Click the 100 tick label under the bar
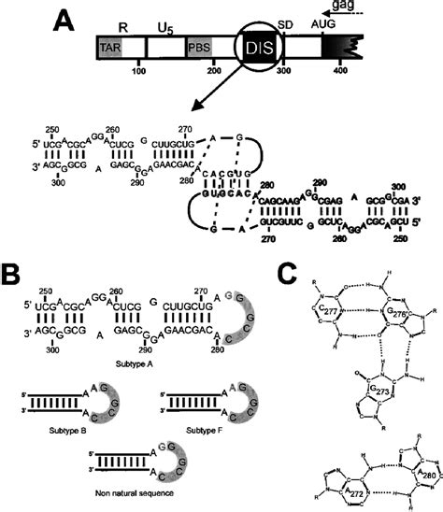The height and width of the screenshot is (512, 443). (141, 71)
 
